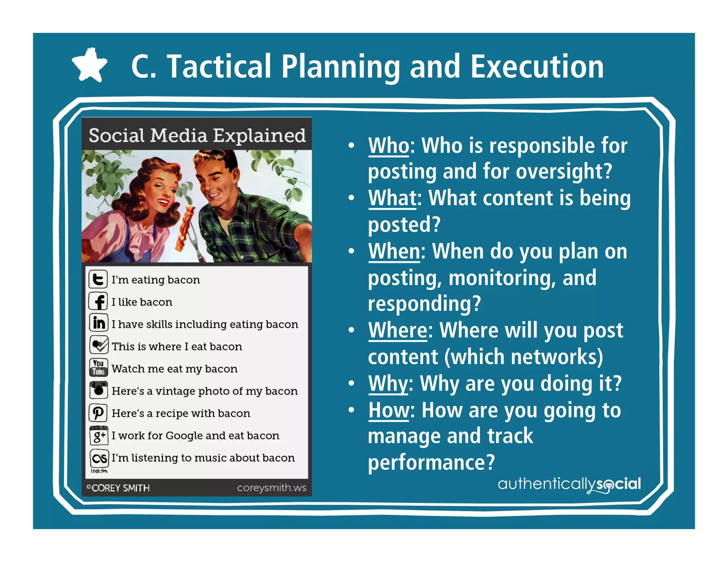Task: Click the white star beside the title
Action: (x=89, y=65)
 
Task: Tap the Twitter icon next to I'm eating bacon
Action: (x=98, y=279)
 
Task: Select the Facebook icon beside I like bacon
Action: (x=98, y=302)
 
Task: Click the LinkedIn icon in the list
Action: (x=98, y=323)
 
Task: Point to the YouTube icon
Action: (x=98, y=367)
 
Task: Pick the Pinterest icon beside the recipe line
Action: (x=98, y=412)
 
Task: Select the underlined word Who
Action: (x=389, y=146)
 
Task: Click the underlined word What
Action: (x=392, y=198)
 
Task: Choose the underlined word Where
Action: (x=398, y=330)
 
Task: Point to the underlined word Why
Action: (x=388, y=384)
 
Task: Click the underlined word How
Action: (x=389, y=410)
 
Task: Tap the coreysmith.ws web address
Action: (x=272, y=488)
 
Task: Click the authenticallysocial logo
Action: (x=569, y=484)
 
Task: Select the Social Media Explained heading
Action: (x=197, y=135)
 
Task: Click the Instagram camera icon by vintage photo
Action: (x=98, y=390)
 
